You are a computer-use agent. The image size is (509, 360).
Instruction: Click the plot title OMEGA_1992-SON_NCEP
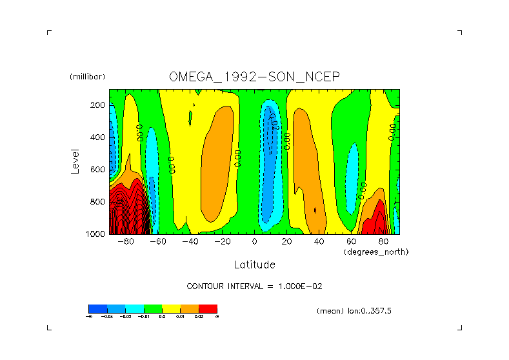coord(254,77)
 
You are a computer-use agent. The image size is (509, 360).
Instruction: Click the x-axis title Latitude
coord(254,265)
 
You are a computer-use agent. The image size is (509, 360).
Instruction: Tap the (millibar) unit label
coord(87,77)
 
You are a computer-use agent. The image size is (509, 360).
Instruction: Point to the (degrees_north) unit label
coord(377,252)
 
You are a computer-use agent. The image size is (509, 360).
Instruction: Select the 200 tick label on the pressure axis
coord(98,105)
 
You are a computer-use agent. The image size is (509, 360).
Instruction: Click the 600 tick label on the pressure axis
coord(98,170)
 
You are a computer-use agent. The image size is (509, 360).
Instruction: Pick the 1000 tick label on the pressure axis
coord(96,234)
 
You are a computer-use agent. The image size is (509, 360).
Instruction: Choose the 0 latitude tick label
coord(255,242)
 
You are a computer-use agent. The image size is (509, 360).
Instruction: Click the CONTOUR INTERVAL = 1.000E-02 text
coord(254,286)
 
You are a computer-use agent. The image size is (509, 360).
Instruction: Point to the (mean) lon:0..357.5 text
coord(354,311)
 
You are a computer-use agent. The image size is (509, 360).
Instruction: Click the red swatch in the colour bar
coord(208,308)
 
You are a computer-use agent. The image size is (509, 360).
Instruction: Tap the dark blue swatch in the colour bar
coord(97,308)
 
